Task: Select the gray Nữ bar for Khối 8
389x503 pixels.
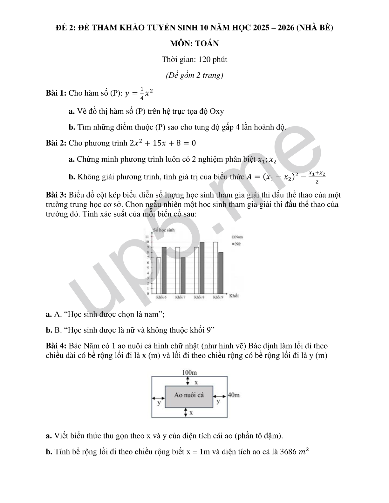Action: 202,267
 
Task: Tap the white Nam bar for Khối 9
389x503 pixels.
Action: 215,267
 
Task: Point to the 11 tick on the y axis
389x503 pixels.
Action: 147,237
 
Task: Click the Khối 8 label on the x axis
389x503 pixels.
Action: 199,297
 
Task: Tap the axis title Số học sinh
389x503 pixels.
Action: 164,230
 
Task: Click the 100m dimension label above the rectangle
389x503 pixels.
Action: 189,372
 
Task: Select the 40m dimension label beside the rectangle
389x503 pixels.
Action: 234,395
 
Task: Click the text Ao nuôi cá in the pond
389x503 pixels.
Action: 189,395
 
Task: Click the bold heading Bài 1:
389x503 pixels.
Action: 56,93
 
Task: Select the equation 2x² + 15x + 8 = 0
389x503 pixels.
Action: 163,143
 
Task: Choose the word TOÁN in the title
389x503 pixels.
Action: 207,44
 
